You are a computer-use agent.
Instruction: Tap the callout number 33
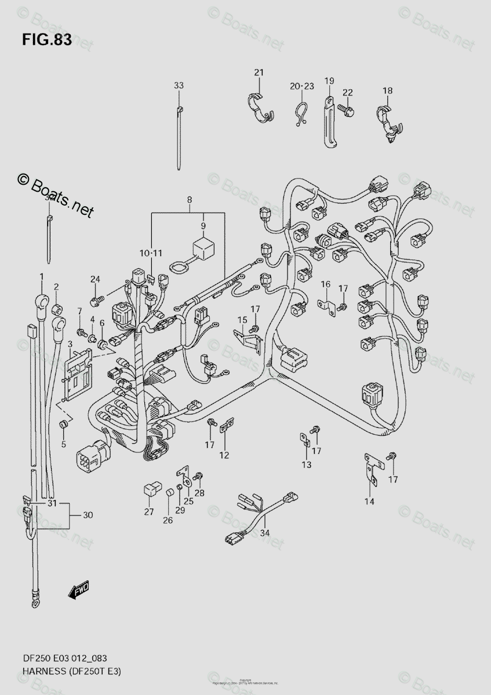(179, 86)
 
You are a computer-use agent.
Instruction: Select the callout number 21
(259, 72)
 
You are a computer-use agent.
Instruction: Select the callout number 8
(189, 200)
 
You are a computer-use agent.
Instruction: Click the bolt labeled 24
(96, 300)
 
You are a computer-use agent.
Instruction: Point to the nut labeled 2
(57, 305)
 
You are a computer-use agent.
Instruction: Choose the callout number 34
(265, 533)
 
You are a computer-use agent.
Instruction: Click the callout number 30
(88, 515)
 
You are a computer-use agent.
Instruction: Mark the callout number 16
(325, 284)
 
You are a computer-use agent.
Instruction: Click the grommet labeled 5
(64, 426)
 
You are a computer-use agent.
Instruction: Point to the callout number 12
(224, 455)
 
